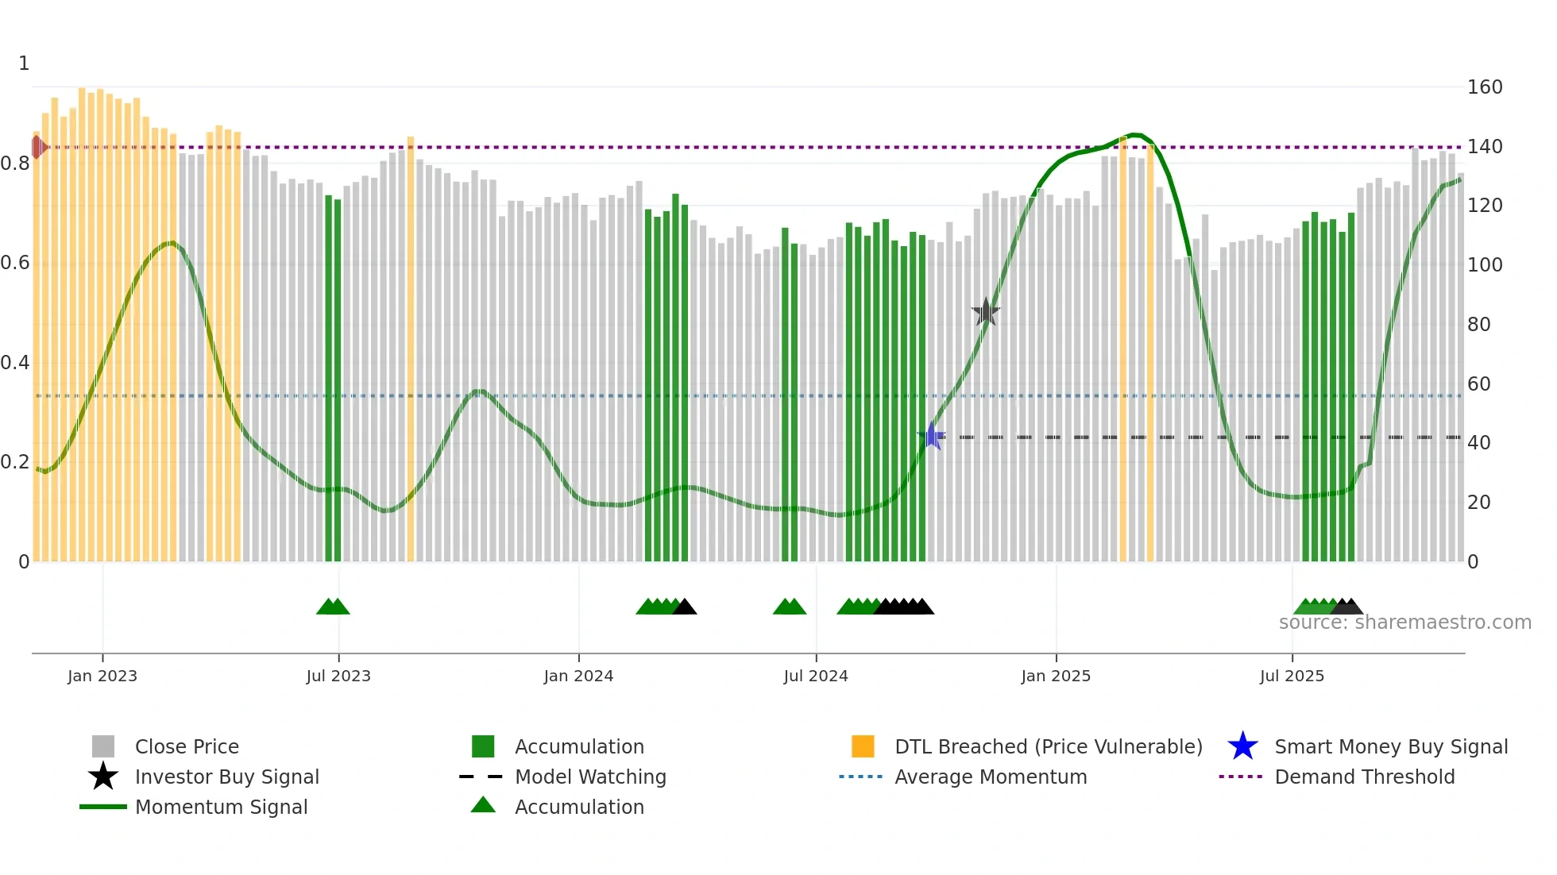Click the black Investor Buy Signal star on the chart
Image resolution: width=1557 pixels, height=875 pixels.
[x=986, y=312]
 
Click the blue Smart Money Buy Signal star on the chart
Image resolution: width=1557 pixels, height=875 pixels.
[x=932, y=436]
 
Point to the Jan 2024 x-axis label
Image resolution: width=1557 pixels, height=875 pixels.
[x=578, y=676]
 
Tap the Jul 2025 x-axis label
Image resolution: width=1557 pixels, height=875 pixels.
[x=1292, y=676]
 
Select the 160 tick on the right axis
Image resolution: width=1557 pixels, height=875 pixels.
[x=1484, y=87]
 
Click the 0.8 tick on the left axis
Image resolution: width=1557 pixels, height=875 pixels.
[x=15, y=164]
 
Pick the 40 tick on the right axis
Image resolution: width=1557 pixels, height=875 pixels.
[x=1478, y=443]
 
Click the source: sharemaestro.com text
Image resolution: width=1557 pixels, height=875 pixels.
[x=1404, y=623]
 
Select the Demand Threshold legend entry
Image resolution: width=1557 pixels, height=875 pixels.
[x=1364, y=777]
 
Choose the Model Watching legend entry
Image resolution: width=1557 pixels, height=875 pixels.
[x=589, y=777]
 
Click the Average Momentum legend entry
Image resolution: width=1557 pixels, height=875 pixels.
[x=990, y=777]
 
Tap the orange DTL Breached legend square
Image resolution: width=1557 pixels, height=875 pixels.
[x=863, y=746]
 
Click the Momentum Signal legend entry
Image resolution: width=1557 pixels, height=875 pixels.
[x=221, y=807]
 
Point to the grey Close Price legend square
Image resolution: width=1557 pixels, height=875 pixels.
[x=103, y=746]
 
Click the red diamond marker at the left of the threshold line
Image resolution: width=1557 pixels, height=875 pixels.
[x=37, y=147]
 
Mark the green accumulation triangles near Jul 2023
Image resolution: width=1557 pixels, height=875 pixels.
[x=333, y=607]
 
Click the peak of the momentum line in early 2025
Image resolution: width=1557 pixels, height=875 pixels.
[x=1136, y=134]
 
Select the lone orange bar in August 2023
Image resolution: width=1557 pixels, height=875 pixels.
[x=411, y=349]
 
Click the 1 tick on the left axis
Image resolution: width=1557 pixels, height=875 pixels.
[x=24, y=64]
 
